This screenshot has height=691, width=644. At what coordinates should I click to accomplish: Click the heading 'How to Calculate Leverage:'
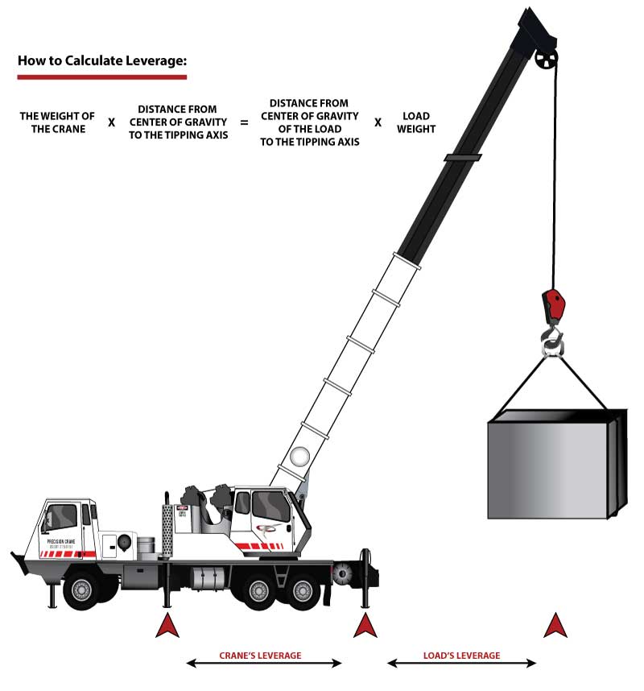[101, 61]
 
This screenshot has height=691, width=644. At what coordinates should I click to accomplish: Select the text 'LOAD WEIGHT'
[416, 123]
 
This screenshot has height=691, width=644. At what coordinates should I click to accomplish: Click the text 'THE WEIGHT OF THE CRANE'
[57, 123]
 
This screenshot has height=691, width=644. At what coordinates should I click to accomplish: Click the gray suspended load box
[555, 465]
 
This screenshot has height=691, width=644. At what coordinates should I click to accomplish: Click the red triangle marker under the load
[553, 625]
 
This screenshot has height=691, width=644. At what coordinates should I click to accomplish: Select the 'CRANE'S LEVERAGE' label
[261, 656]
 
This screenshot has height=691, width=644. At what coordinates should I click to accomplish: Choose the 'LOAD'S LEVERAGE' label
[461, 656]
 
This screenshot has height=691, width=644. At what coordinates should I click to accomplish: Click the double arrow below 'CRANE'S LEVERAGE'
[264, 664]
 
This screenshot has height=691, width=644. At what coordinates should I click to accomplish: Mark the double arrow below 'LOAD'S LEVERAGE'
[461, 664]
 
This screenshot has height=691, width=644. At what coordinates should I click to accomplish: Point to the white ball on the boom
[299, 457]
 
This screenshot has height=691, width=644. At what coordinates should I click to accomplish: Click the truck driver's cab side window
[61, 515]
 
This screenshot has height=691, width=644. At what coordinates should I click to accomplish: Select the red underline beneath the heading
[101, 77]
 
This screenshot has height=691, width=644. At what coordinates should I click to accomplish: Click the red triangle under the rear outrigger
[365, 625]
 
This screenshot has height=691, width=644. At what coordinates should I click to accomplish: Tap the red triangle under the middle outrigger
[167, 625]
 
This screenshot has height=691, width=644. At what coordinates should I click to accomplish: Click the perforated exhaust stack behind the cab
[167, 532]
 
